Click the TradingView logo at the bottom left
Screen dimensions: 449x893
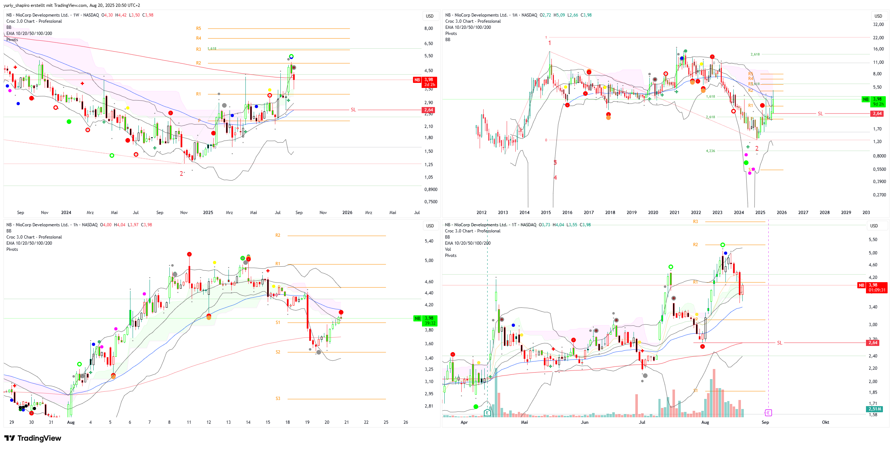(x=33, y=438)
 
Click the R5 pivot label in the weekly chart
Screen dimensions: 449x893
(x=199, y=28)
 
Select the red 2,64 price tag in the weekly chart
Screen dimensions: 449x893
(x=428, y=110)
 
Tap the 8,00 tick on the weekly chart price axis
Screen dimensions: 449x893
(x=428, y=28)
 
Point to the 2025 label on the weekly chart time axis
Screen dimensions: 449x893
(x=208, y=213)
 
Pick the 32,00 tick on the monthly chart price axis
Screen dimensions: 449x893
(x=878, y=25)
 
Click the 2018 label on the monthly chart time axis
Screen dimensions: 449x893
(x=610, y=213)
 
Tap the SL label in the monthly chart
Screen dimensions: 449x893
(x=820, y=114)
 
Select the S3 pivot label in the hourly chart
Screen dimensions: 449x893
(x=278, y=399)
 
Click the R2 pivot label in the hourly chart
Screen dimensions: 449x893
(x=278, y=235)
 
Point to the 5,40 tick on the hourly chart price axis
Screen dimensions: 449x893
(x=429, y=241)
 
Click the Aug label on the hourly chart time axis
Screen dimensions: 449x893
(x=71, y=422)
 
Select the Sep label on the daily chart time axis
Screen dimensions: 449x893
(x=765, y=422)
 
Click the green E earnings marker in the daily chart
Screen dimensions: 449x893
(x=487, y=413)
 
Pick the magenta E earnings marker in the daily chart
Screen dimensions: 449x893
(x=768, y=413)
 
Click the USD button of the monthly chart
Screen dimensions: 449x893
(x=878, y=16)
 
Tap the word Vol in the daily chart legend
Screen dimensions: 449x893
(x=448, y=249)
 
